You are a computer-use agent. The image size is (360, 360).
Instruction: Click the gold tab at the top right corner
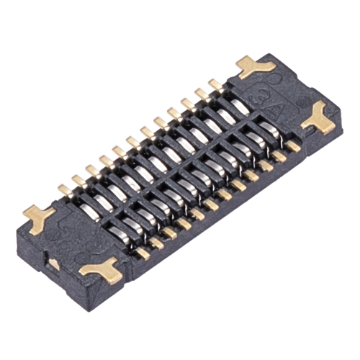[255, 67]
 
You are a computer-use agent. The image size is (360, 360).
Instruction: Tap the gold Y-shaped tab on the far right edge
[318, 118]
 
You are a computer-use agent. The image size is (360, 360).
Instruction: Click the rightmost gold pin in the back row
[215, 85]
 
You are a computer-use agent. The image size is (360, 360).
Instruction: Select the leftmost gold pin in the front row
[143, 253]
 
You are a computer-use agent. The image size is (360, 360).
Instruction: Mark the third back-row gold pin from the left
[92, 170]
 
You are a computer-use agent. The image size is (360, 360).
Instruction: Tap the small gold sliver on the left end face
[54, 264]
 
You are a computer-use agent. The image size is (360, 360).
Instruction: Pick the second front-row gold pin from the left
[157, 243]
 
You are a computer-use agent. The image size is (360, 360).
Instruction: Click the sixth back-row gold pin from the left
[133, 142]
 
